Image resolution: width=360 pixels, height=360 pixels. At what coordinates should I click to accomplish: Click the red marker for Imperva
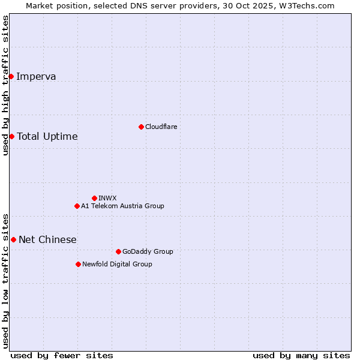coord(11,76)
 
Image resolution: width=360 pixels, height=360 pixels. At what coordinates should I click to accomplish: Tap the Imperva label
coord(36,76)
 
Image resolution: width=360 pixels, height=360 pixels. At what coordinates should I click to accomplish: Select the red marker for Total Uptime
coord(11,136)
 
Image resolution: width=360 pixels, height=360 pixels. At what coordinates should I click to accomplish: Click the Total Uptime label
coord(47,136)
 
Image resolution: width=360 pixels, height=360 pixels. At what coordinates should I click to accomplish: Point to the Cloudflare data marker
coord(141,127)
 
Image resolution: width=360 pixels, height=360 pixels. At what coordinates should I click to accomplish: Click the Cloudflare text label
coord(161,127)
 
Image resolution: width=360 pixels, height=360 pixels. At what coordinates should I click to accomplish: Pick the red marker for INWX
coord(94,198)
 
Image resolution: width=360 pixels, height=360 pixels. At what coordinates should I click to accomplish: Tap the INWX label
coord(107,198)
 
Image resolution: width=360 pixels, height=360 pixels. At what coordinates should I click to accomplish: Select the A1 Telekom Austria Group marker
coord(77,206)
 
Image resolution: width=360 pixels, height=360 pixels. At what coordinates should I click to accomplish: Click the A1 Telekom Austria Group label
coord(122,206)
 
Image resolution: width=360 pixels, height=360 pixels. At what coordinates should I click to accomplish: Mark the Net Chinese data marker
coord(13,239)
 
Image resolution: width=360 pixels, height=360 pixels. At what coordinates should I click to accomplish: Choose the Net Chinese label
coord(47,239)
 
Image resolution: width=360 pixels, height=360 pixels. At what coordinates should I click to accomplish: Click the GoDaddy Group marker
coord(118,251)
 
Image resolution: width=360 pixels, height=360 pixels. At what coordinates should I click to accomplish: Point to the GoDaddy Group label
coord(148,251)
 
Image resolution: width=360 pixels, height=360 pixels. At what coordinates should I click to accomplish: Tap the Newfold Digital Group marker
coord(78,264)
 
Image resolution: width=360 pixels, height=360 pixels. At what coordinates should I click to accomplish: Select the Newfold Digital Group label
coord(117,264)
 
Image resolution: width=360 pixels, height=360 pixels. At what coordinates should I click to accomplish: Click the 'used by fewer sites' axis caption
coord(62,355)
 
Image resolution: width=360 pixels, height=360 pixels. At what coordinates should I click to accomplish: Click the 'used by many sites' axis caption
coord(301,355)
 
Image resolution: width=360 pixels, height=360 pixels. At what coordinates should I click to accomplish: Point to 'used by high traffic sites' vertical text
coord(5,85)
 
